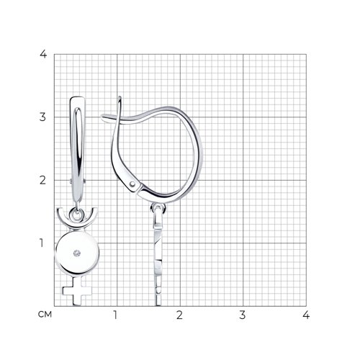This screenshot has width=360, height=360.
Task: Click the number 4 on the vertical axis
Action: click(43, 54)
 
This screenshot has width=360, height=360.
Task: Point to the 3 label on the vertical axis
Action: click(42, 117)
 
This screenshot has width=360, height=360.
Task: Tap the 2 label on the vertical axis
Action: click(42, 180)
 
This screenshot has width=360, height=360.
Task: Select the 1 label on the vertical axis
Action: click(42, 243)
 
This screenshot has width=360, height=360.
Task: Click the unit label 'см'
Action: click(45, 314)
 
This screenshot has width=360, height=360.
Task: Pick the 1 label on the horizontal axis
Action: click(115, 315)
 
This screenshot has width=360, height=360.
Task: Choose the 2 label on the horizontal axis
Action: click(179, 315)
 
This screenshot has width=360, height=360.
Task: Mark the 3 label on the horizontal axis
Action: click(243, 315)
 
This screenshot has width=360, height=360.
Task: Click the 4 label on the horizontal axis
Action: click(306, 315)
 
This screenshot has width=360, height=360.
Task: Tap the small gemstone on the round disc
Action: click(77, 253)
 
